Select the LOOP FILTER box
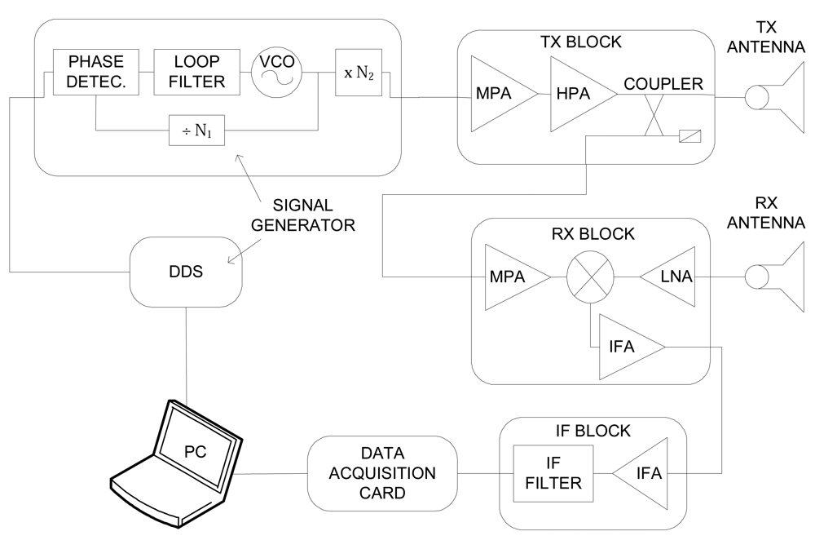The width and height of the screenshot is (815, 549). coord(196,72)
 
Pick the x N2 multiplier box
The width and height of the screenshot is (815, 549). coord(359,71)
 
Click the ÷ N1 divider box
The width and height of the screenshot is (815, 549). coord(196,130)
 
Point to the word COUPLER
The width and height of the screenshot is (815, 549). coord(663,84)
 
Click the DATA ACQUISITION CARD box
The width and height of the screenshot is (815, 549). coord(382,473)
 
